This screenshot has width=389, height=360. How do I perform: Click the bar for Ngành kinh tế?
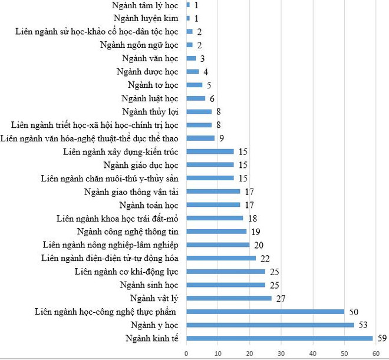[279, 338]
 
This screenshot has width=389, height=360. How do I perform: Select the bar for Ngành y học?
[270, 325]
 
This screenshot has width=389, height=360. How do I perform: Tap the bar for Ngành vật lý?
[229, 298]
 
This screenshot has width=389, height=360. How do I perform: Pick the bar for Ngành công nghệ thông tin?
[216, 232]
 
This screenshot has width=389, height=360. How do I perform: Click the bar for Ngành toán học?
[213, 205]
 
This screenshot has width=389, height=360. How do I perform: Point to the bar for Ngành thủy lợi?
[199, 111]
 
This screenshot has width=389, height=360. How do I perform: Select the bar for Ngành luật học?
[196, 98]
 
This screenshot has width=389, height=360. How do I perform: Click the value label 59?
[381, 338]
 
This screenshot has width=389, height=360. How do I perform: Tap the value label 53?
[362, 325]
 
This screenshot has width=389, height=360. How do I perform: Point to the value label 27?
[280, 298]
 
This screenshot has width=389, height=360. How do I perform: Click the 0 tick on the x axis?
[186, 353]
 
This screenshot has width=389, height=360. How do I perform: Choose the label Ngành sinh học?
[149, 285]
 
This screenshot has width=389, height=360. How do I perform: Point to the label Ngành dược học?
[147, 72]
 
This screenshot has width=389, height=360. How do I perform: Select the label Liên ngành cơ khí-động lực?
[126, 272]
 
